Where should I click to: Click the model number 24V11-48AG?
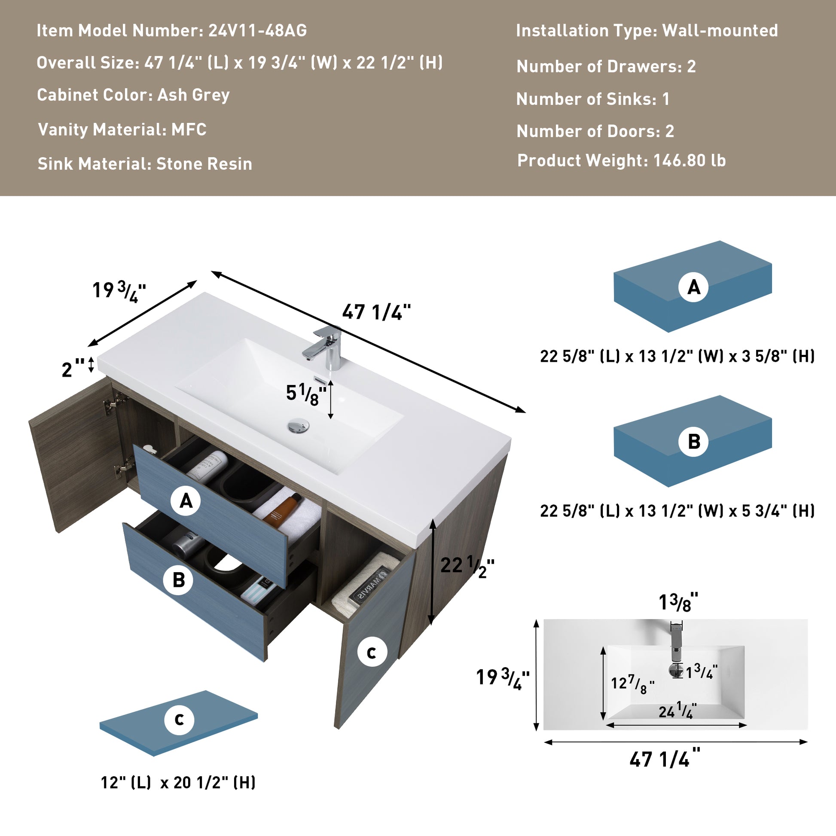click(x=257, y=31)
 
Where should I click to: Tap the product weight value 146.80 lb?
click(x=690, y=161)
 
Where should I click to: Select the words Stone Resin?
click(x=204, y=164)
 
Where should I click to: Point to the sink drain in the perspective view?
click(x=298, y=426)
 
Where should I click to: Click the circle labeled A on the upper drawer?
click(x=186, y=501)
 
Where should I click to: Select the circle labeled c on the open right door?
click(x=371, y=653)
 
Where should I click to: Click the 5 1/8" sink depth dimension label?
click(x=305, y=394)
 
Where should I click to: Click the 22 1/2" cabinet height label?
click(x=467, y=566)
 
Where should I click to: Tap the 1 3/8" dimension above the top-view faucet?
click(x=678, y=603)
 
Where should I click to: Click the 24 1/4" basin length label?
click(x=677, y=711)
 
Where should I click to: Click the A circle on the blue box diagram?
click(x=694, y=287)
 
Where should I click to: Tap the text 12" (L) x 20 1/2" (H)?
click(x=178, y=782)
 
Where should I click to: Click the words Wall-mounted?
click(x=720, y=31)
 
